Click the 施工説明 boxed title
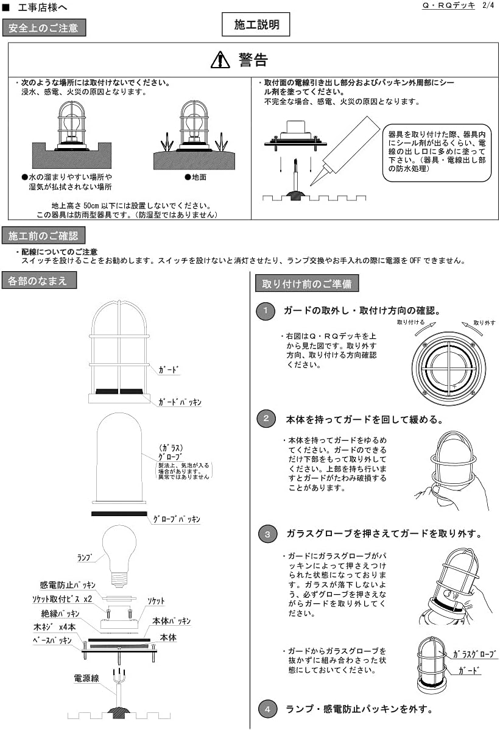point(256,25)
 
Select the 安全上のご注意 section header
point(44,28)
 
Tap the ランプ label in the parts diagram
point(85,557)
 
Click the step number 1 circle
point(266,311)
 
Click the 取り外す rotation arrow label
point(484,322)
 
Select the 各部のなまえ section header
point(40,281)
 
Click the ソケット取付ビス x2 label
point(62,599)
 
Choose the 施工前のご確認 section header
point(44,236)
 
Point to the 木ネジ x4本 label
point(54,627)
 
